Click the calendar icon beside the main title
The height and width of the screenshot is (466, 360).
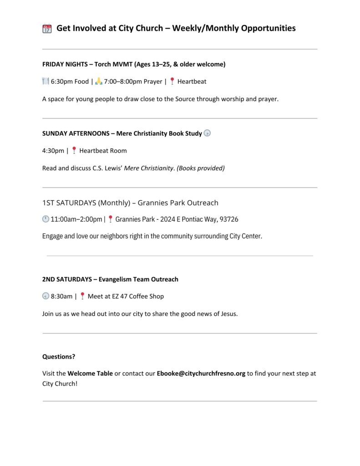click(x=47, y=29)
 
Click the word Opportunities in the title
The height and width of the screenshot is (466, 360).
click(x=268, y=28)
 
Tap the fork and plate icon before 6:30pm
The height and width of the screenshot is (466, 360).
click(x=46, y=81)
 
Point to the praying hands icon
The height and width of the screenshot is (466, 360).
click(x=99, y=81)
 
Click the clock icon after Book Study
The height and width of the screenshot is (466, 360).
click(x=207, y=133)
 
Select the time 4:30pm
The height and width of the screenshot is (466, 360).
click(x=53, y=151)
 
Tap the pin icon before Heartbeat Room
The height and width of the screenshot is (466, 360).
click(x=74, y=151)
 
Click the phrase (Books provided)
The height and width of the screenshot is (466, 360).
click(x=200, y=168)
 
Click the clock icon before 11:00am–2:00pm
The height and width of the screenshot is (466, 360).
click(x=46, y=219)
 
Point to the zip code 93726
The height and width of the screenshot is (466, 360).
click(x=228, y=219)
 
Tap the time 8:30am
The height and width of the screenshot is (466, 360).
click(x=61, y=296)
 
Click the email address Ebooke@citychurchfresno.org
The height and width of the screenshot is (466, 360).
click(x=201, y=374)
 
